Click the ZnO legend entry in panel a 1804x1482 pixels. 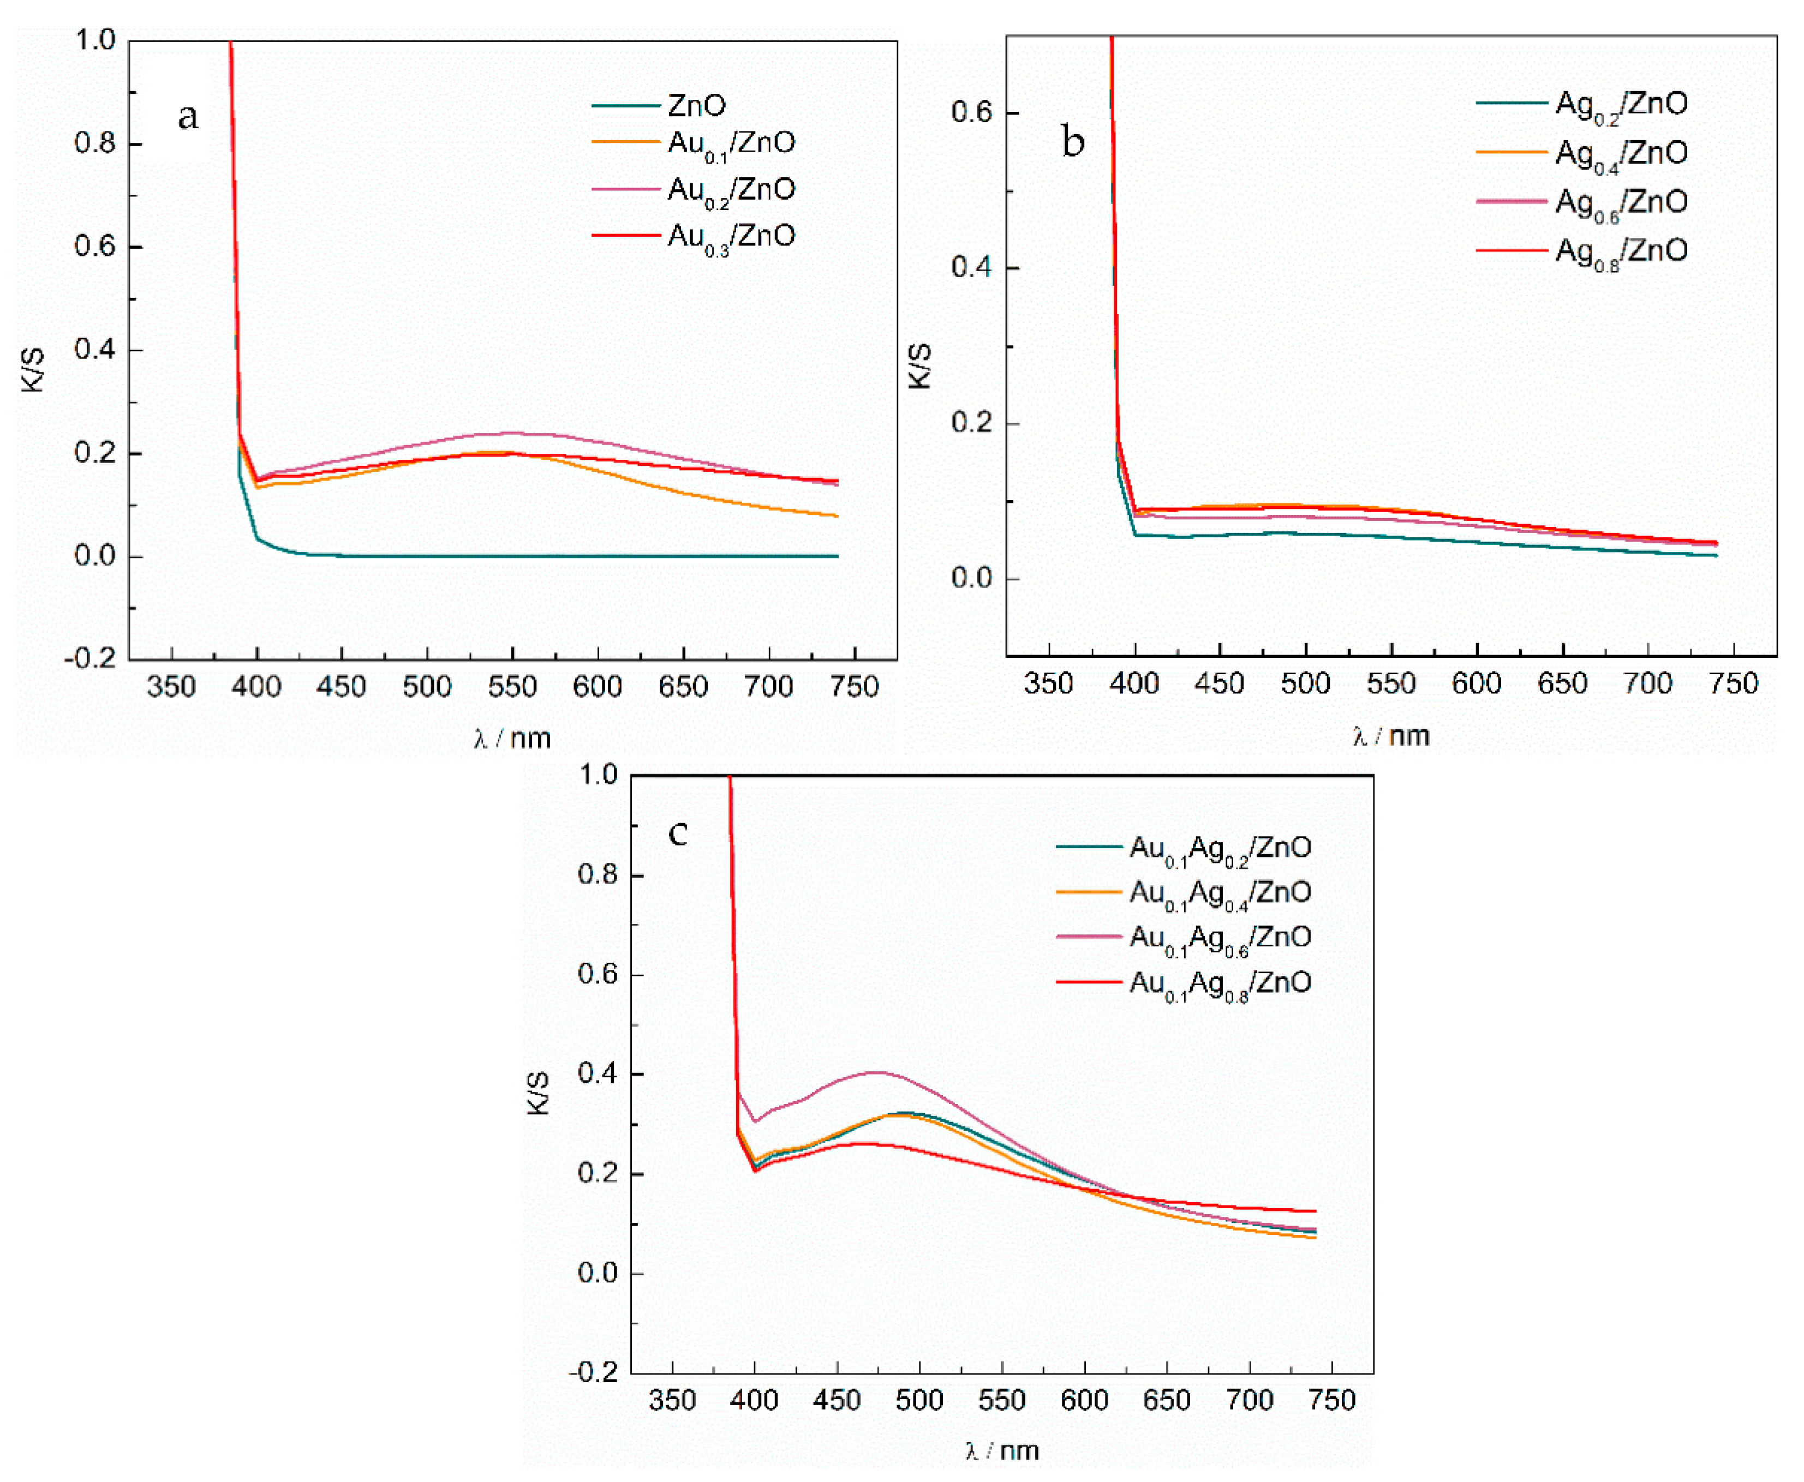point(696,106)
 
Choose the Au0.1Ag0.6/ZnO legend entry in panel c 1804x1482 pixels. point(1220,938)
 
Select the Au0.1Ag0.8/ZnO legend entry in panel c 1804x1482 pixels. point(1220,983)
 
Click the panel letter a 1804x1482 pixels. point(188,115)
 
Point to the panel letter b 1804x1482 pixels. point(1073,141)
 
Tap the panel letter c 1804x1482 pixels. point(677,832)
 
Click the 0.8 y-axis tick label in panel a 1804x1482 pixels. point(95,143)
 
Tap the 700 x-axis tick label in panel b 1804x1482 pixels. point(1648,684)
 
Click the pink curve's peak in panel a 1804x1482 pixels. point(511,433)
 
